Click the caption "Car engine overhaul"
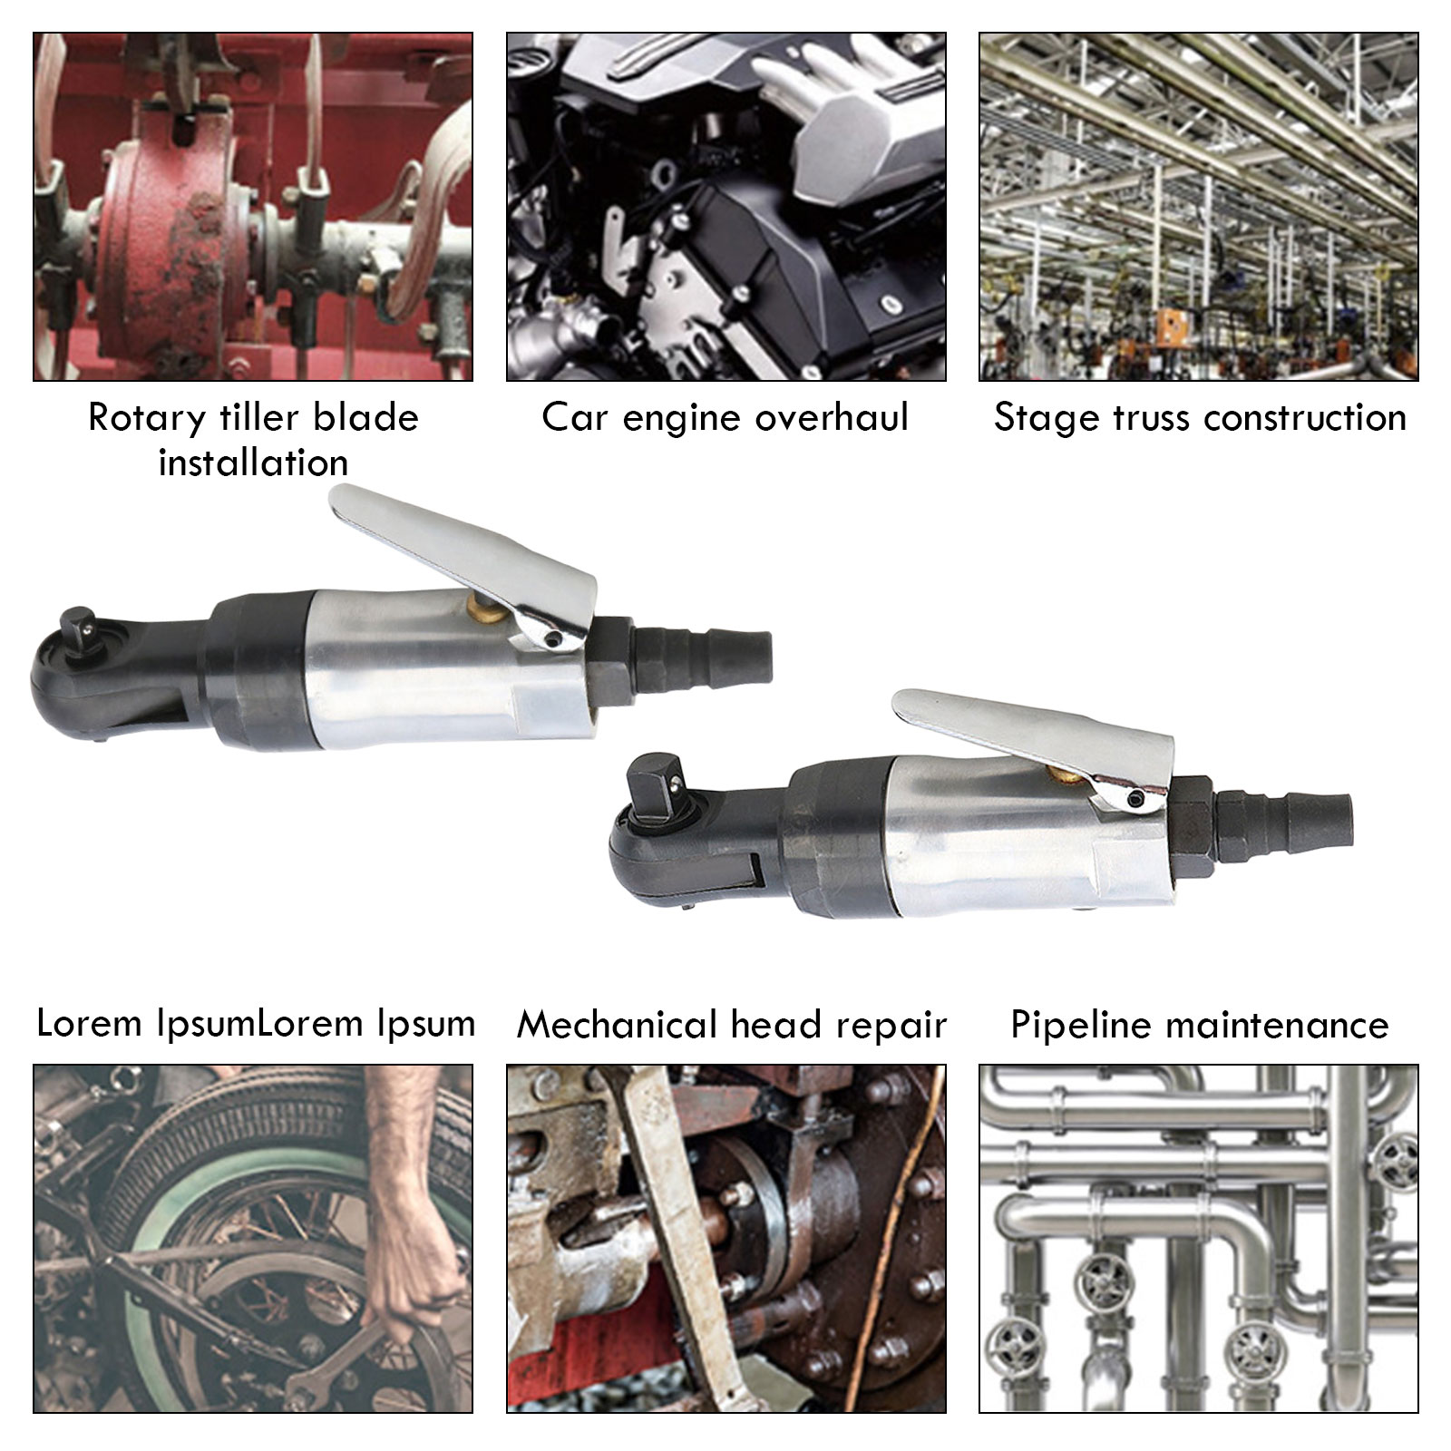tap(725, 417)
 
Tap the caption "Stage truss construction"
tap(1200, 417)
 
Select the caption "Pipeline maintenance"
tap(1199, 1025)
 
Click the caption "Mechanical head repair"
tap(731, 1025)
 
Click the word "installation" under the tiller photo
tap(253, 463)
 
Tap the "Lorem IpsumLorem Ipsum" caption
tap(255, 1024)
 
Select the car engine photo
tap(725, 207)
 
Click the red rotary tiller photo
tap(253, 207)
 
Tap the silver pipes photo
tap(1199, 1239)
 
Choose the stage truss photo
tap(1199, 207)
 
